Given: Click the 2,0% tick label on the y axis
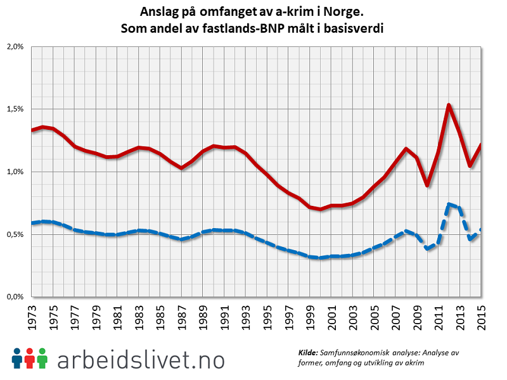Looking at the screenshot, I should (x=14, y=47).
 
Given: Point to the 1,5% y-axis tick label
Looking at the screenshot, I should (x=14, y=109).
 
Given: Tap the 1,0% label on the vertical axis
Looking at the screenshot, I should (x=14, y=172).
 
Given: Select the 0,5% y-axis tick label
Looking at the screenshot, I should (x=14, y=234).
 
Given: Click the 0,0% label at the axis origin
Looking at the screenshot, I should (x=14, y=296).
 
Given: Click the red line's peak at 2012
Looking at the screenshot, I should (x=449, y=105).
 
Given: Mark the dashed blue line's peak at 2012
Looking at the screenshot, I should (x=449, y=204).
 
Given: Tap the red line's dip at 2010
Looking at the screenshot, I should (x=427, y=185).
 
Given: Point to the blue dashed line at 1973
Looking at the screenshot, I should (x=32, y=223).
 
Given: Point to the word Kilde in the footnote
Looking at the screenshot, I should (x=309, y=353).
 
